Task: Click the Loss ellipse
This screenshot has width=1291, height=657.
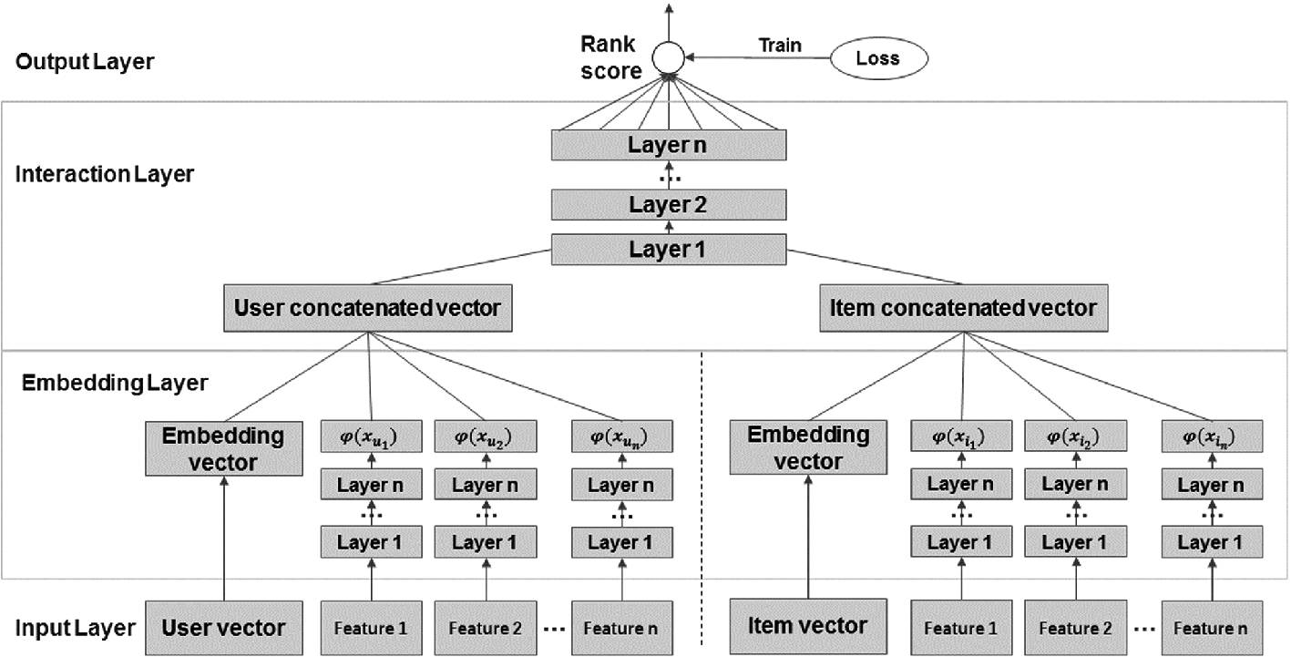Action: [x=877, y=59]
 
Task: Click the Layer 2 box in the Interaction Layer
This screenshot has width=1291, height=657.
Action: [x=668, y=204]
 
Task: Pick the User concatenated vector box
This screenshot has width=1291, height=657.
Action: [x=367, y=308]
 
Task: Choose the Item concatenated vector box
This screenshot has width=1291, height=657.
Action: [x=964, y=308]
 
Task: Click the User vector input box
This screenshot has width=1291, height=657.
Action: [x=223, y=627]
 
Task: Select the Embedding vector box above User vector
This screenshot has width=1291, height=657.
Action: [x=223, y=448]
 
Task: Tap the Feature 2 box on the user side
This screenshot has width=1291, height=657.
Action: [x=485, y=627]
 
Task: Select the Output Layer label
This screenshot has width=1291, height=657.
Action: [x=85, y=63]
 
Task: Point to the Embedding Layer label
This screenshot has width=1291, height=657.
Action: [x=115, y=383]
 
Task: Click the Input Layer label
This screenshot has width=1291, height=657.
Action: [x=76, y=627]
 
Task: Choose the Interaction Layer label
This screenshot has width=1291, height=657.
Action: [x=105, y=174]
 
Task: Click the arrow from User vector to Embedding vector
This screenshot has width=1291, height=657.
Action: [x=223, y=538]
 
